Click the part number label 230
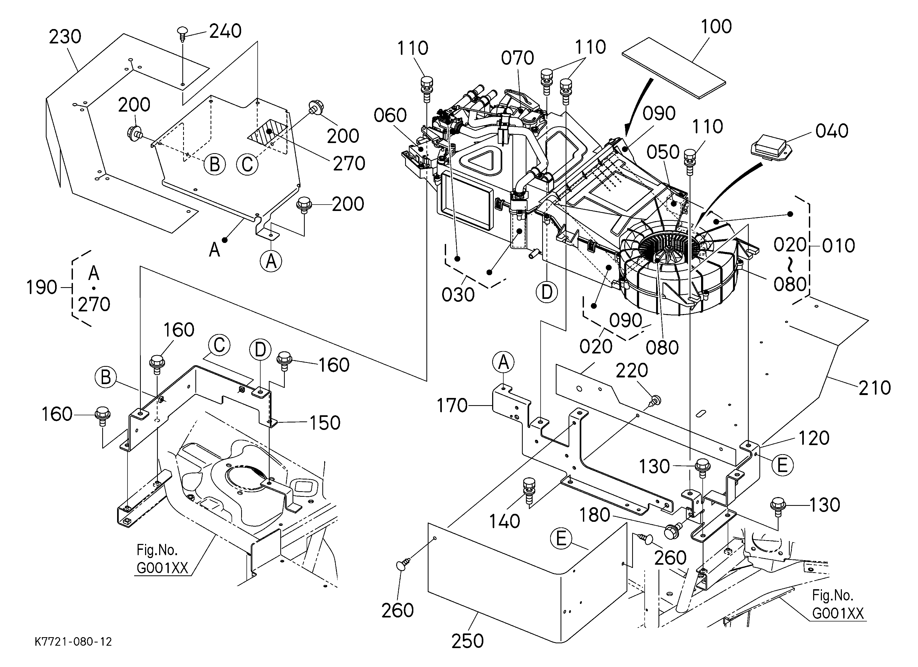click(65, 37)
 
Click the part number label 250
click(467, 641)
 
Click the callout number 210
click(875, 388)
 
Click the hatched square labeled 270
click(268, 132)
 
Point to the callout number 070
click(517, 58)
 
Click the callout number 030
click(458, 295)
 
